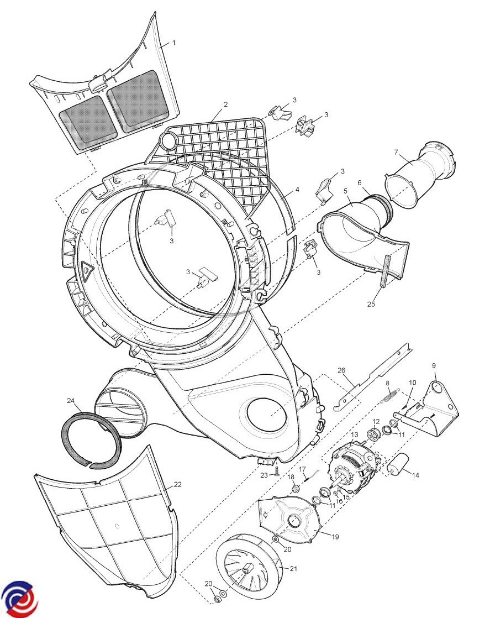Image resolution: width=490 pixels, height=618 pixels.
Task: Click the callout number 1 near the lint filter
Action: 173,43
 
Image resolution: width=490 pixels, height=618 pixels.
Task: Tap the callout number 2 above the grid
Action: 225,104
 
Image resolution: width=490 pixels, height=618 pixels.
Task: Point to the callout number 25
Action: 371,303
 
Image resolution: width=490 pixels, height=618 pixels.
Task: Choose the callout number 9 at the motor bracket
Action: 434,365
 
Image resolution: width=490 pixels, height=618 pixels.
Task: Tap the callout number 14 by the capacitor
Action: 415,474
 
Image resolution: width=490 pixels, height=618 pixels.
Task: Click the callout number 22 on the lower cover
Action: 177,484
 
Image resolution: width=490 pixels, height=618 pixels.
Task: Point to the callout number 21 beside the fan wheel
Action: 293,569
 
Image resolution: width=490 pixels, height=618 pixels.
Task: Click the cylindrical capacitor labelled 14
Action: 399,463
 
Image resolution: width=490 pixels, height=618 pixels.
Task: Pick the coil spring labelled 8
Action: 391,394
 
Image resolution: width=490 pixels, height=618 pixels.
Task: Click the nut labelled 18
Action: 294,488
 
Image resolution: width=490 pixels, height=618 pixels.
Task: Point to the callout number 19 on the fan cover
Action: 335,536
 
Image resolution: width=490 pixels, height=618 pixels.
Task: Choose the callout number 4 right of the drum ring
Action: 297,189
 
